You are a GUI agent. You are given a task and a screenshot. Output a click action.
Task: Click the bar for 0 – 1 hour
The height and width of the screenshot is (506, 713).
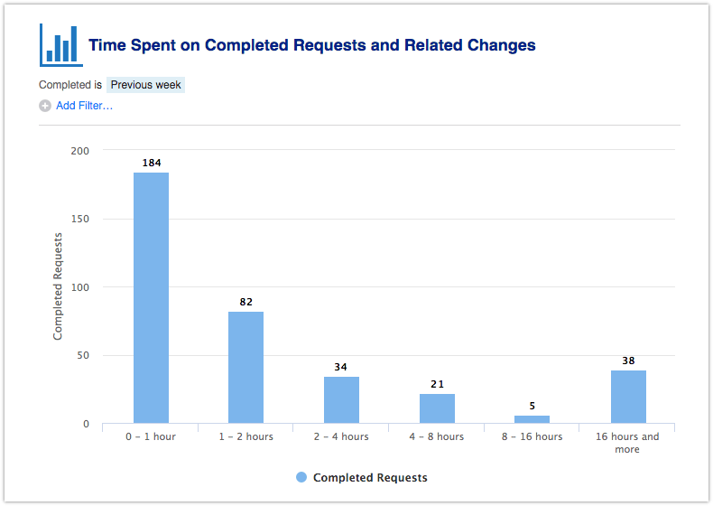pos(151,297)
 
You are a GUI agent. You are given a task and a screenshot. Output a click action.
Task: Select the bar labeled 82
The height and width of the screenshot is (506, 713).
pos(245,367)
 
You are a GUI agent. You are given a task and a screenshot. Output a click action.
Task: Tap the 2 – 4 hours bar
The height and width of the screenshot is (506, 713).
pos(341,399)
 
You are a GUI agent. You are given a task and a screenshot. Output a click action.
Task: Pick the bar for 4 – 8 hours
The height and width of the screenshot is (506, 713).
pos(437,408)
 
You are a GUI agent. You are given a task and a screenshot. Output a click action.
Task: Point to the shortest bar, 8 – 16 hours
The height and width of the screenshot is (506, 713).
pos(532,419)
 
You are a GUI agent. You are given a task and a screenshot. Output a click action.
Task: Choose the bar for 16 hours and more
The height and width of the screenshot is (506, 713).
pos(628,397)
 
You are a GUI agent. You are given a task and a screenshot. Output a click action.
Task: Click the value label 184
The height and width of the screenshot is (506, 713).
pos(152,163)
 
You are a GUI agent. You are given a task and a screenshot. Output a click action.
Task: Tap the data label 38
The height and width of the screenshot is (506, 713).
pos(628,361)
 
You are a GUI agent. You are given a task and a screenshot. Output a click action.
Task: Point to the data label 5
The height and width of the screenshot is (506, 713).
pos(532,406)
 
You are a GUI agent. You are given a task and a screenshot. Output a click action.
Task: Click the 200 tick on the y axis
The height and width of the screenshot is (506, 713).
pos(79,150)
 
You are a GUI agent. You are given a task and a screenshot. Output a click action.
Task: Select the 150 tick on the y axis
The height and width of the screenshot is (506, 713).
pos(79,219)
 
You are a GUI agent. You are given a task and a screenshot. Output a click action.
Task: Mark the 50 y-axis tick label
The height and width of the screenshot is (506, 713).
pos(82,355)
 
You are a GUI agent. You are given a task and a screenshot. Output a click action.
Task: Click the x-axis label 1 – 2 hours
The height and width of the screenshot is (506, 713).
pos(245,436)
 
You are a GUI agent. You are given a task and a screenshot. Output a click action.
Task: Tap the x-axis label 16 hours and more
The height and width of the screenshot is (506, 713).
pos(627,443)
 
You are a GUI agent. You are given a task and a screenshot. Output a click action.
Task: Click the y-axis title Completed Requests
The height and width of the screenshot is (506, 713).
pos(58,286)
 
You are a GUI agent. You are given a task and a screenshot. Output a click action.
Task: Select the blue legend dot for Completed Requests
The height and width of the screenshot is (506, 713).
pos(301,477)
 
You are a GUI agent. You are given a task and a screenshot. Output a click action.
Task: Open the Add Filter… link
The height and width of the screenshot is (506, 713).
pos(84,106)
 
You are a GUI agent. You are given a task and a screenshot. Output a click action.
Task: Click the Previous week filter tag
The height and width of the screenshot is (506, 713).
pos(145,85)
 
